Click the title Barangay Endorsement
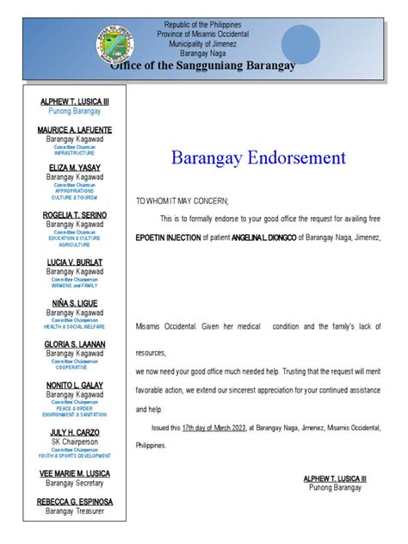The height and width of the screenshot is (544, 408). [258, 158]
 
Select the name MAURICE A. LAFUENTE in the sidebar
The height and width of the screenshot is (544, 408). [75, 130]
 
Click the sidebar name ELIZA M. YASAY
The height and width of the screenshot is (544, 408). [75, 167]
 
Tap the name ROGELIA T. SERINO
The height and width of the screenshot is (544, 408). [75, 215]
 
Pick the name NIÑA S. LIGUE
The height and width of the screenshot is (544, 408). [75, 302]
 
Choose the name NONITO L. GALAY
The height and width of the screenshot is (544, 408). [75, 386]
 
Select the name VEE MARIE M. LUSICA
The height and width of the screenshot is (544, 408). [75, 473]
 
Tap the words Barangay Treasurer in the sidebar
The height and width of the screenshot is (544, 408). [75, 511]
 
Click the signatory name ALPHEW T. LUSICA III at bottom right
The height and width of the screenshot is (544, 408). [335, 478]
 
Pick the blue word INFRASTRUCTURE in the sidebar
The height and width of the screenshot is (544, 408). [75, 153]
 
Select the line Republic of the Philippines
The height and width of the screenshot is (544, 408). [203, 26]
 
